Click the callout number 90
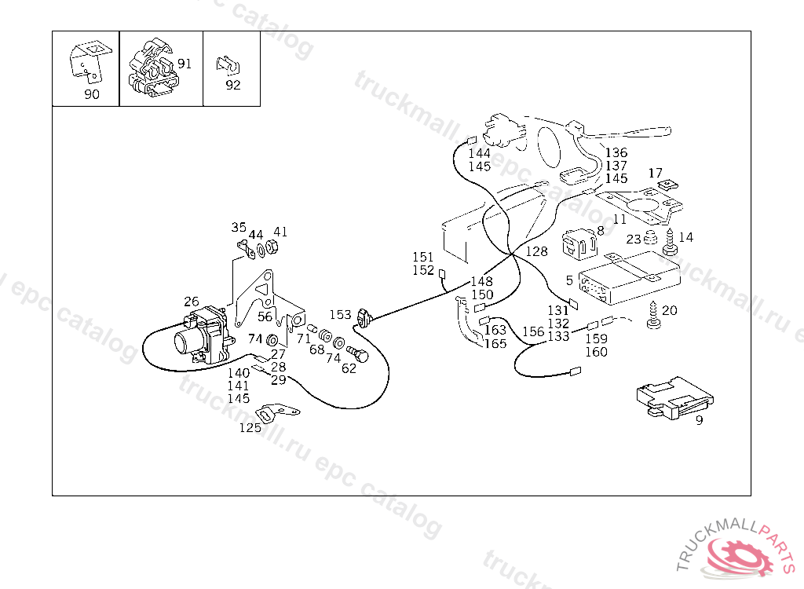coord(92,95)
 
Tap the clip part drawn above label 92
coord(228,64)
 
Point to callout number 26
coord(192,301)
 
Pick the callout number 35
coord(239,228)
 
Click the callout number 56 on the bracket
coord(265,317)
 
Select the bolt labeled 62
coord(360,356)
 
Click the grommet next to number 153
coord(364,318)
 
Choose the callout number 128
coord(537,251)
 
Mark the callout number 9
coord(699,420)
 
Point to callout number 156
coord(533,331)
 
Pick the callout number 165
coord(495,344)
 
